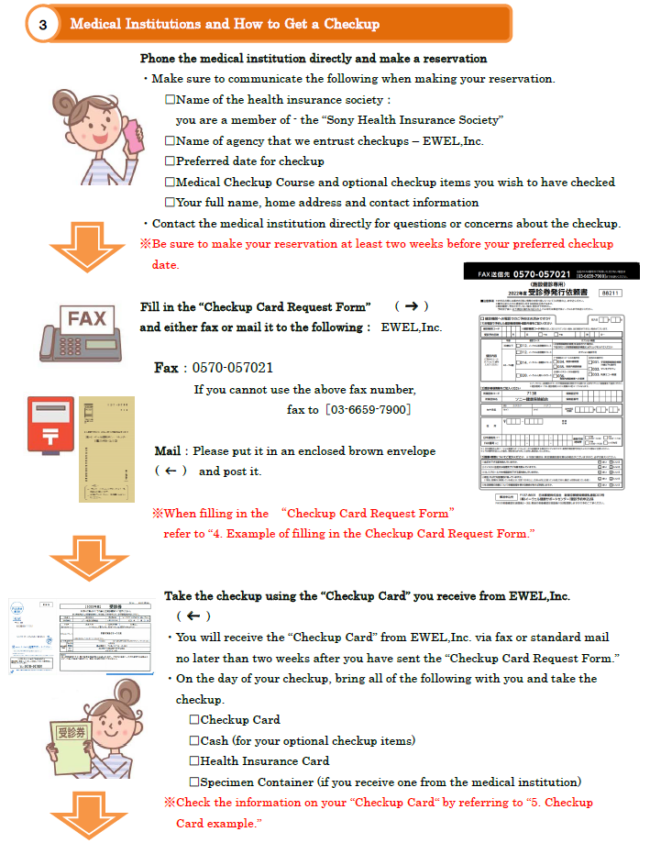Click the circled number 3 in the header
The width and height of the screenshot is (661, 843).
click(43, 25)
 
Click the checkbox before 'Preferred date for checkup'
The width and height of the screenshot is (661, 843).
click(170, 161)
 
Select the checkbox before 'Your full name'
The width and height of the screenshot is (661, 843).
click(170, 203)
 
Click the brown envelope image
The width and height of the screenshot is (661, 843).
click(106, 449)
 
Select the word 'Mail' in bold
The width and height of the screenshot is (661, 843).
click(168, 451)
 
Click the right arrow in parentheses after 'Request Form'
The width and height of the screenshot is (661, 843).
click(412, 305)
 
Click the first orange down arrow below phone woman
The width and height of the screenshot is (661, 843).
click(80, 248)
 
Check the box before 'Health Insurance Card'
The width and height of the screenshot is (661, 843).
click(194, 761)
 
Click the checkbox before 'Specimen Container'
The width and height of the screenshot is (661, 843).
click(194, 782)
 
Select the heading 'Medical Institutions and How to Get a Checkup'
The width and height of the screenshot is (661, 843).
click(225, 24)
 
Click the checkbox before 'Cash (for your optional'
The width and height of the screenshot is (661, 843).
click(194, 740)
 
